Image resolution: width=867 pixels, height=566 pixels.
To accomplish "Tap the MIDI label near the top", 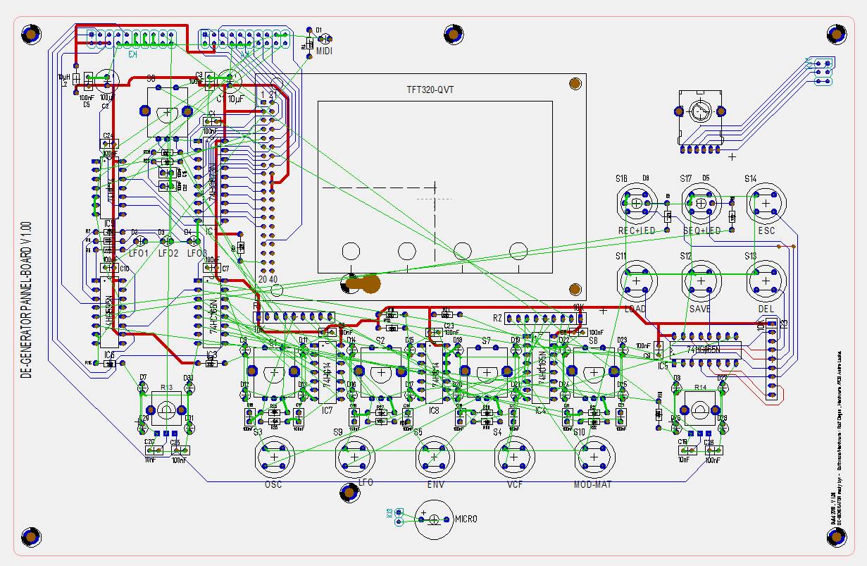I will tap(324, 52).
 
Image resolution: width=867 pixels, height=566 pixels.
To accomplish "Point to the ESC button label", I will tap(766, 230).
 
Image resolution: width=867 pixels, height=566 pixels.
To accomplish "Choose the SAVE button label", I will tap(700, 309).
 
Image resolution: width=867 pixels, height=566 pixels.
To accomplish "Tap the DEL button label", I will tap(766, 309).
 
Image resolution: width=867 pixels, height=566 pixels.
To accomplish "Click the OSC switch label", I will tap(273, 485).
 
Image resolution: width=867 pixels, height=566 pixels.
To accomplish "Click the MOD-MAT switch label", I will tap(593, 485).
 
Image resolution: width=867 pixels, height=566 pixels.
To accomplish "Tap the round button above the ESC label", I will tap(766, 203).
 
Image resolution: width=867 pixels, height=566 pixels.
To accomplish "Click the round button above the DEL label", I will tap(766, 281).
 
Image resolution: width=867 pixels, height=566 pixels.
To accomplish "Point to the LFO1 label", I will tap(138, 252).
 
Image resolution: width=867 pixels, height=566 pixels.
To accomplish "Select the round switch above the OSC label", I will tap(273, 457).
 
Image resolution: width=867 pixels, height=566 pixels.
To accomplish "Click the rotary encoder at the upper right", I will tap(699, 112).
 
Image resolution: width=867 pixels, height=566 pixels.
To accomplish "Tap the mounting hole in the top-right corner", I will tap(836, 34).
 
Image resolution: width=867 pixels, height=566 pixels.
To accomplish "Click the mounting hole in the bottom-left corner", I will tap(30, 536).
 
